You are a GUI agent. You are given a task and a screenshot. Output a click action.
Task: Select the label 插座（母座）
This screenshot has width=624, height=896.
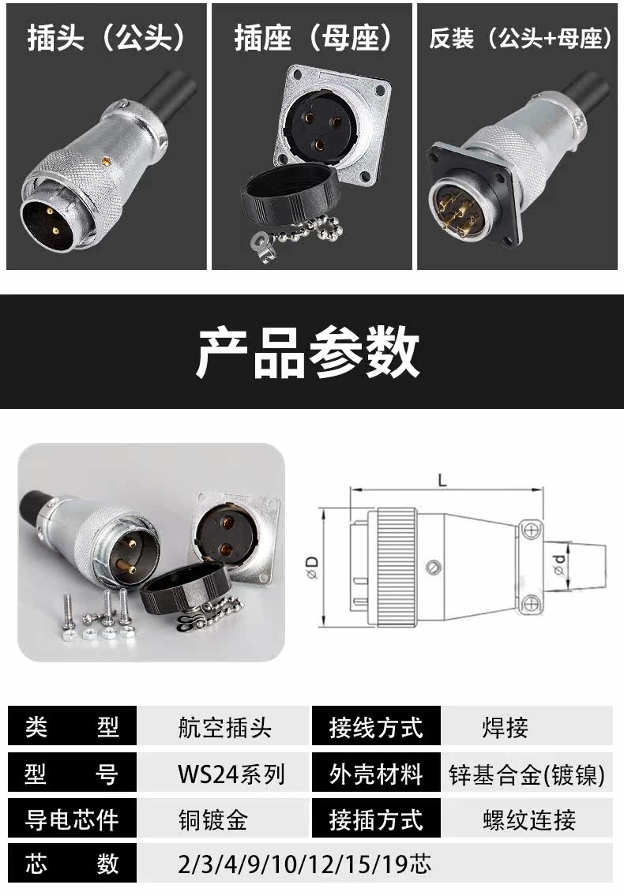313,37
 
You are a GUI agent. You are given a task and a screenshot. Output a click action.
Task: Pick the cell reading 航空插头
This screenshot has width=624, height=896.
224,727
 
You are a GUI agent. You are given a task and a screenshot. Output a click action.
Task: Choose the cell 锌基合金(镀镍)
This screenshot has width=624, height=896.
527,774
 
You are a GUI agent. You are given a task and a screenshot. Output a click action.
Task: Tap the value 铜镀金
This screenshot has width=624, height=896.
213,819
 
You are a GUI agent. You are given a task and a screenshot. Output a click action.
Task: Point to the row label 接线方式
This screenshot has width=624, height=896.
376,727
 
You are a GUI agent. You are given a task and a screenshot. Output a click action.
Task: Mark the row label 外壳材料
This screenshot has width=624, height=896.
376,774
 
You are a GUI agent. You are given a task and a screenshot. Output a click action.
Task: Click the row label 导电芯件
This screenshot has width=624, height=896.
72,819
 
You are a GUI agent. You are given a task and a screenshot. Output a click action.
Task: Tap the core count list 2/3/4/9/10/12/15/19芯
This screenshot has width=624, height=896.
305,864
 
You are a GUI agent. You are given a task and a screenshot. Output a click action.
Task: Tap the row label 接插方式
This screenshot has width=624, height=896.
376,819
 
